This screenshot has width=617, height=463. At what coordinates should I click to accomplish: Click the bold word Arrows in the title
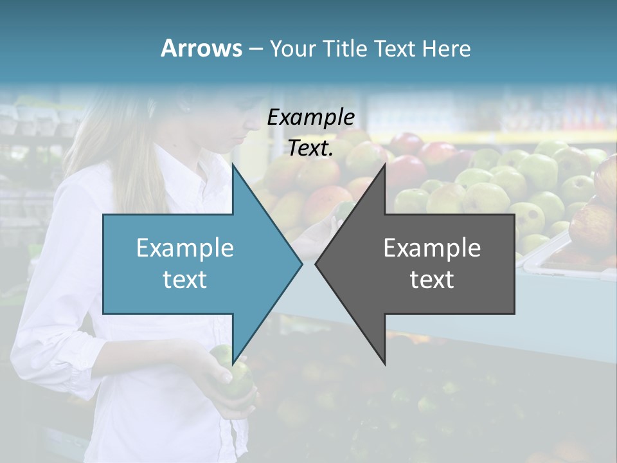pos(201,48)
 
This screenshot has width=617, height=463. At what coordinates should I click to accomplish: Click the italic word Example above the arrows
pos(310,117)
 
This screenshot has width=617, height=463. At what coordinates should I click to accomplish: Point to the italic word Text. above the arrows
pos(310,148)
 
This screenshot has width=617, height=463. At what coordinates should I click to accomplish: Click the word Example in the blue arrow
pos(185,248)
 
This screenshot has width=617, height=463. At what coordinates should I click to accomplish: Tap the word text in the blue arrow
pos(185,279)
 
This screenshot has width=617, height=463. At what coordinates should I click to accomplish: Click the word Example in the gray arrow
pos(432,248)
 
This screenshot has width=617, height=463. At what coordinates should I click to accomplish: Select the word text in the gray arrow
pos(432,279)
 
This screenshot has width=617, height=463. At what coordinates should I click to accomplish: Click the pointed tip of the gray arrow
pos(316,264)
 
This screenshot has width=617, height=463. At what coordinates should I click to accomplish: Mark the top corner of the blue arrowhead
pos(233,165)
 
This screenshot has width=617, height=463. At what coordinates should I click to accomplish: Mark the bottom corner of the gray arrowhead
pos(384,363)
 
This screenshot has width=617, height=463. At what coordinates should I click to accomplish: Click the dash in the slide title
pos(255,49)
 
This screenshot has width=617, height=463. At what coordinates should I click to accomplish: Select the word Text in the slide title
pos(397,49)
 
